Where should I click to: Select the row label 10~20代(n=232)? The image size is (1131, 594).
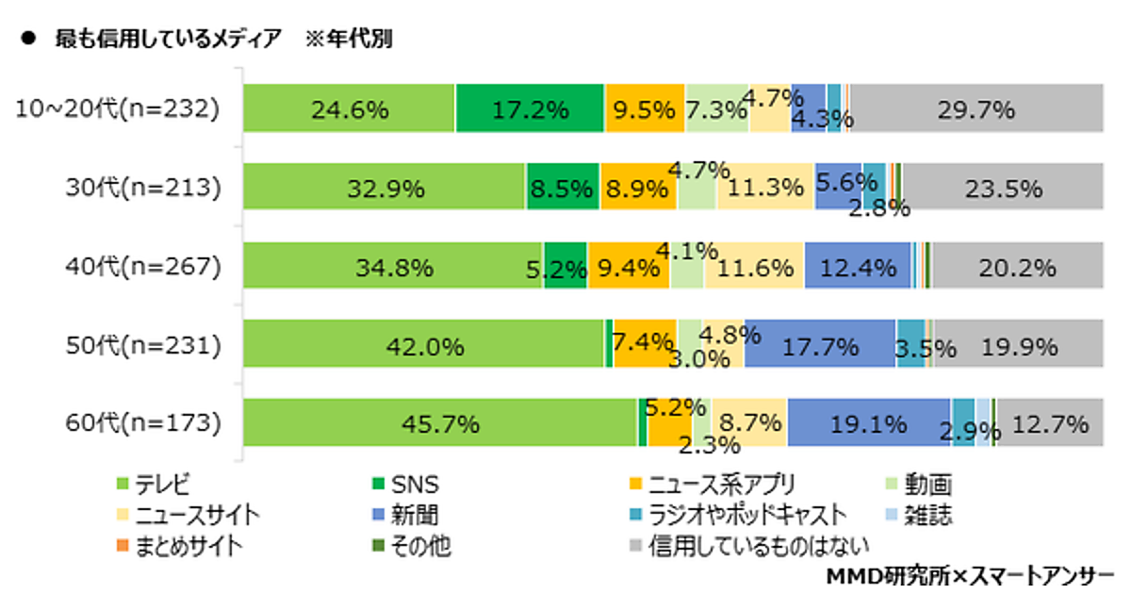point(118,109)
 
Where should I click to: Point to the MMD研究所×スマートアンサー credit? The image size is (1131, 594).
point(971,575)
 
